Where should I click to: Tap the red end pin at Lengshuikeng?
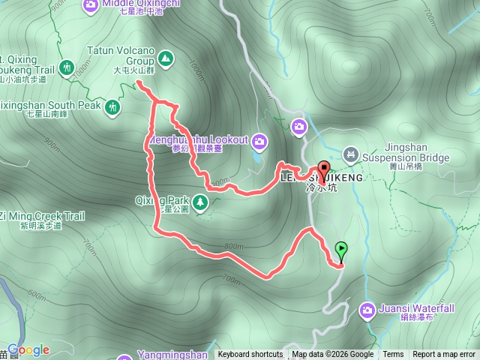click(x=324, y=170)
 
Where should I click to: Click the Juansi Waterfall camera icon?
click(x=367, y=309)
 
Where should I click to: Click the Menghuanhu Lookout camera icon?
click(x=259, y=140)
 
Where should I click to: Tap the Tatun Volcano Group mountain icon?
click(x=166, y=57)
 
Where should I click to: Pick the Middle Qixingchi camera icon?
click(x=91, y=6)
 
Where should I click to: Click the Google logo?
click(x=28, y=349)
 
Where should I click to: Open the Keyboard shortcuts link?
click(x=250, y=355)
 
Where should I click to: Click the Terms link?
click(x=393, y=355)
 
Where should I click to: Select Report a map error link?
click(x=445, y=355)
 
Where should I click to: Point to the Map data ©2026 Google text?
click(x=333, y=355)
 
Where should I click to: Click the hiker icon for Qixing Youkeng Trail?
click(x=67, y=68)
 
